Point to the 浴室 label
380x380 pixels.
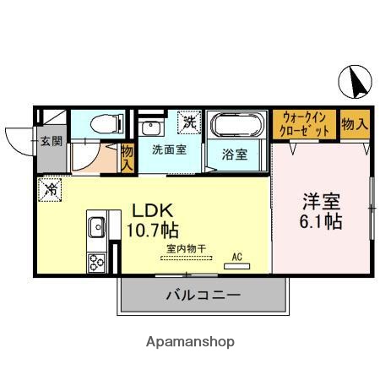pyautogui.click(x=236, y=155)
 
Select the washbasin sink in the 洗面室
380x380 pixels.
pyautogui.click(x=152, y=128)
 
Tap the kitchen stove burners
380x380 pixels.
pyautogui.click(x=94, y=262)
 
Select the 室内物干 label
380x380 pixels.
pyautogui.click(x=186, y=249)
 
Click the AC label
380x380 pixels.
pyautogui.click(x=237, y=256)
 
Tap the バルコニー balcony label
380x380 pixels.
pyautogui.click(x=203, y=296)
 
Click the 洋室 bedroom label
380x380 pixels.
pyautogui.click(x=322, y=204)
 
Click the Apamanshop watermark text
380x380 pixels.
pyautogui.click(x=190, y=342)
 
